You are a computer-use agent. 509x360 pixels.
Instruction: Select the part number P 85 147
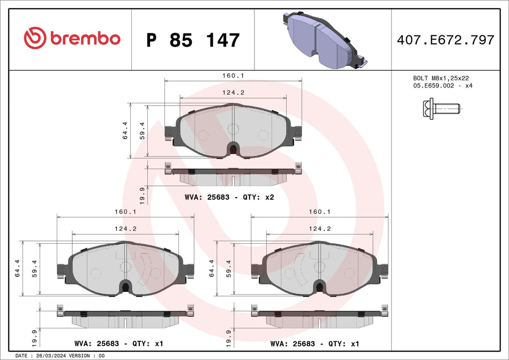coord(192,40)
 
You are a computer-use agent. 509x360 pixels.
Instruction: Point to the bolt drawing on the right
coord(438,110)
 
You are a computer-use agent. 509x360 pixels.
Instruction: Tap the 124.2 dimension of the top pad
coord(234,93)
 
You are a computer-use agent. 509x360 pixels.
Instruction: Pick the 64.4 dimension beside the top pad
coord(125,131)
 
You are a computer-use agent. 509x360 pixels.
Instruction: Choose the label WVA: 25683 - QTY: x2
coord(229,197)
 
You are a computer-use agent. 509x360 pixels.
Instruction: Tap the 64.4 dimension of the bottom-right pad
coord(212,268)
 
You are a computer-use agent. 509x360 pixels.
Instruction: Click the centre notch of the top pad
coord(233,148)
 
